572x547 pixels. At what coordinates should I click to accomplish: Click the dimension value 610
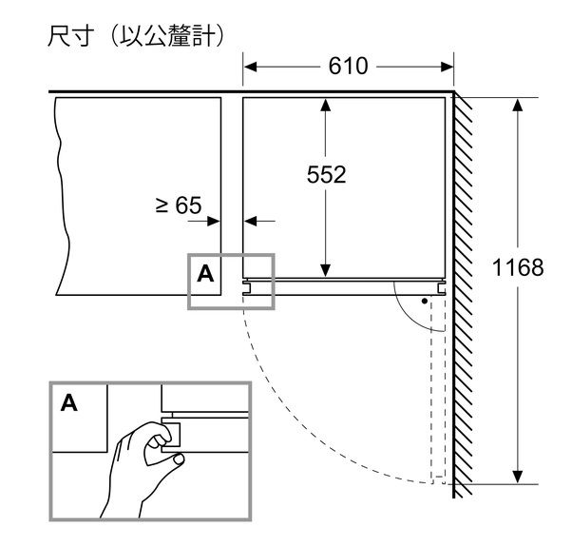coord(348,67)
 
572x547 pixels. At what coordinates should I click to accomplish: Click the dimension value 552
coord(326,174)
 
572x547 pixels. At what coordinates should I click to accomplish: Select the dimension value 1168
coord(518,267)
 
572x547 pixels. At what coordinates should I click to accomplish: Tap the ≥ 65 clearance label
coord(179,205)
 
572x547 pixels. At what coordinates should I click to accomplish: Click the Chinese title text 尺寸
coord(69,36)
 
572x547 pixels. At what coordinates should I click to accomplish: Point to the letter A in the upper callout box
coord(205,274)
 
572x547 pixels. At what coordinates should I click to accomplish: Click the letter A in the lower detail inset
coord(69,402)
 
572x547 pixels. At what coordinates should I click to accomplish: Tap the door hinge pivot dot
coord(425,302)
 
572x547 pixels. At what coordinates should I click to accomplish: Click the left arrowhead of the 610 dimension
coord(250,67)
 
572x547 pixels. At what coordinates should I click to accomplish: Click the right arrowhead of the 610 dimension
coord(447,67)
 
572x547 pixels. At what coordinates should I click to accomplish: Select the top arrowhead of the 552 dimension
coord(326,105)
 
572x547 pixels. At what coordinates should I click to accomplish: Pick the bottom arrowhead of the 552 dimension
coord(326,270)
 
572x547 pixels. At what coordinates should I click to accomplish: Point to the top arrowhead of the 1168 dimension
coord(518,105)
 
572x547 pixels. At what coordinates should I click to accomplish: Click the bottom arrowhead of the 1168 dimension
coord(518,478)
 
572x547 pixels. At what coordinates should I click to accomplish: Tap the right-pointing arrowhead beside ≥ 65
coord(214,221)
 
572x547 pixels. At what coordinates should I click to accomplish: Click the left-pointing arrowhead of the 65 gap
coord(250,221)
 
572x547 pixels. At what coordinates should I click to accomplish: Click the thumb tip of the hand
coord(179,459)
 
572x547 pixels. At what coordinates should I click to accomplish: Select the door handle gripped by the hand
coord(171,435)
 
